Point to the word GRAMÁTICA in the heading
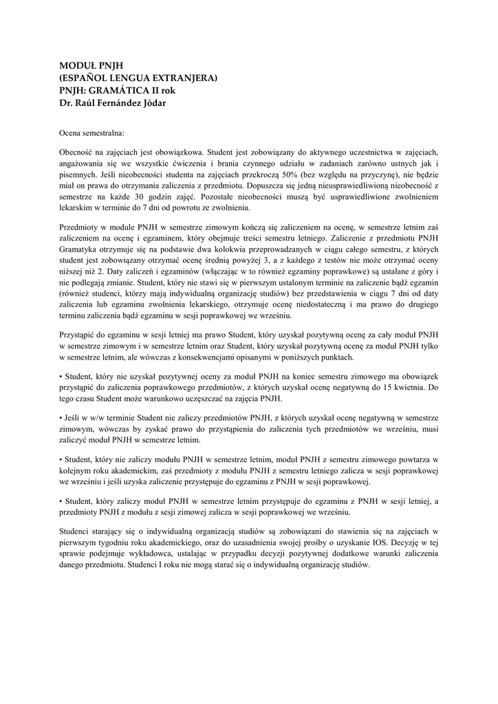(x=120, y=91)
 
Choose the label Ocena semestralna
(x=92, y=129)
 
